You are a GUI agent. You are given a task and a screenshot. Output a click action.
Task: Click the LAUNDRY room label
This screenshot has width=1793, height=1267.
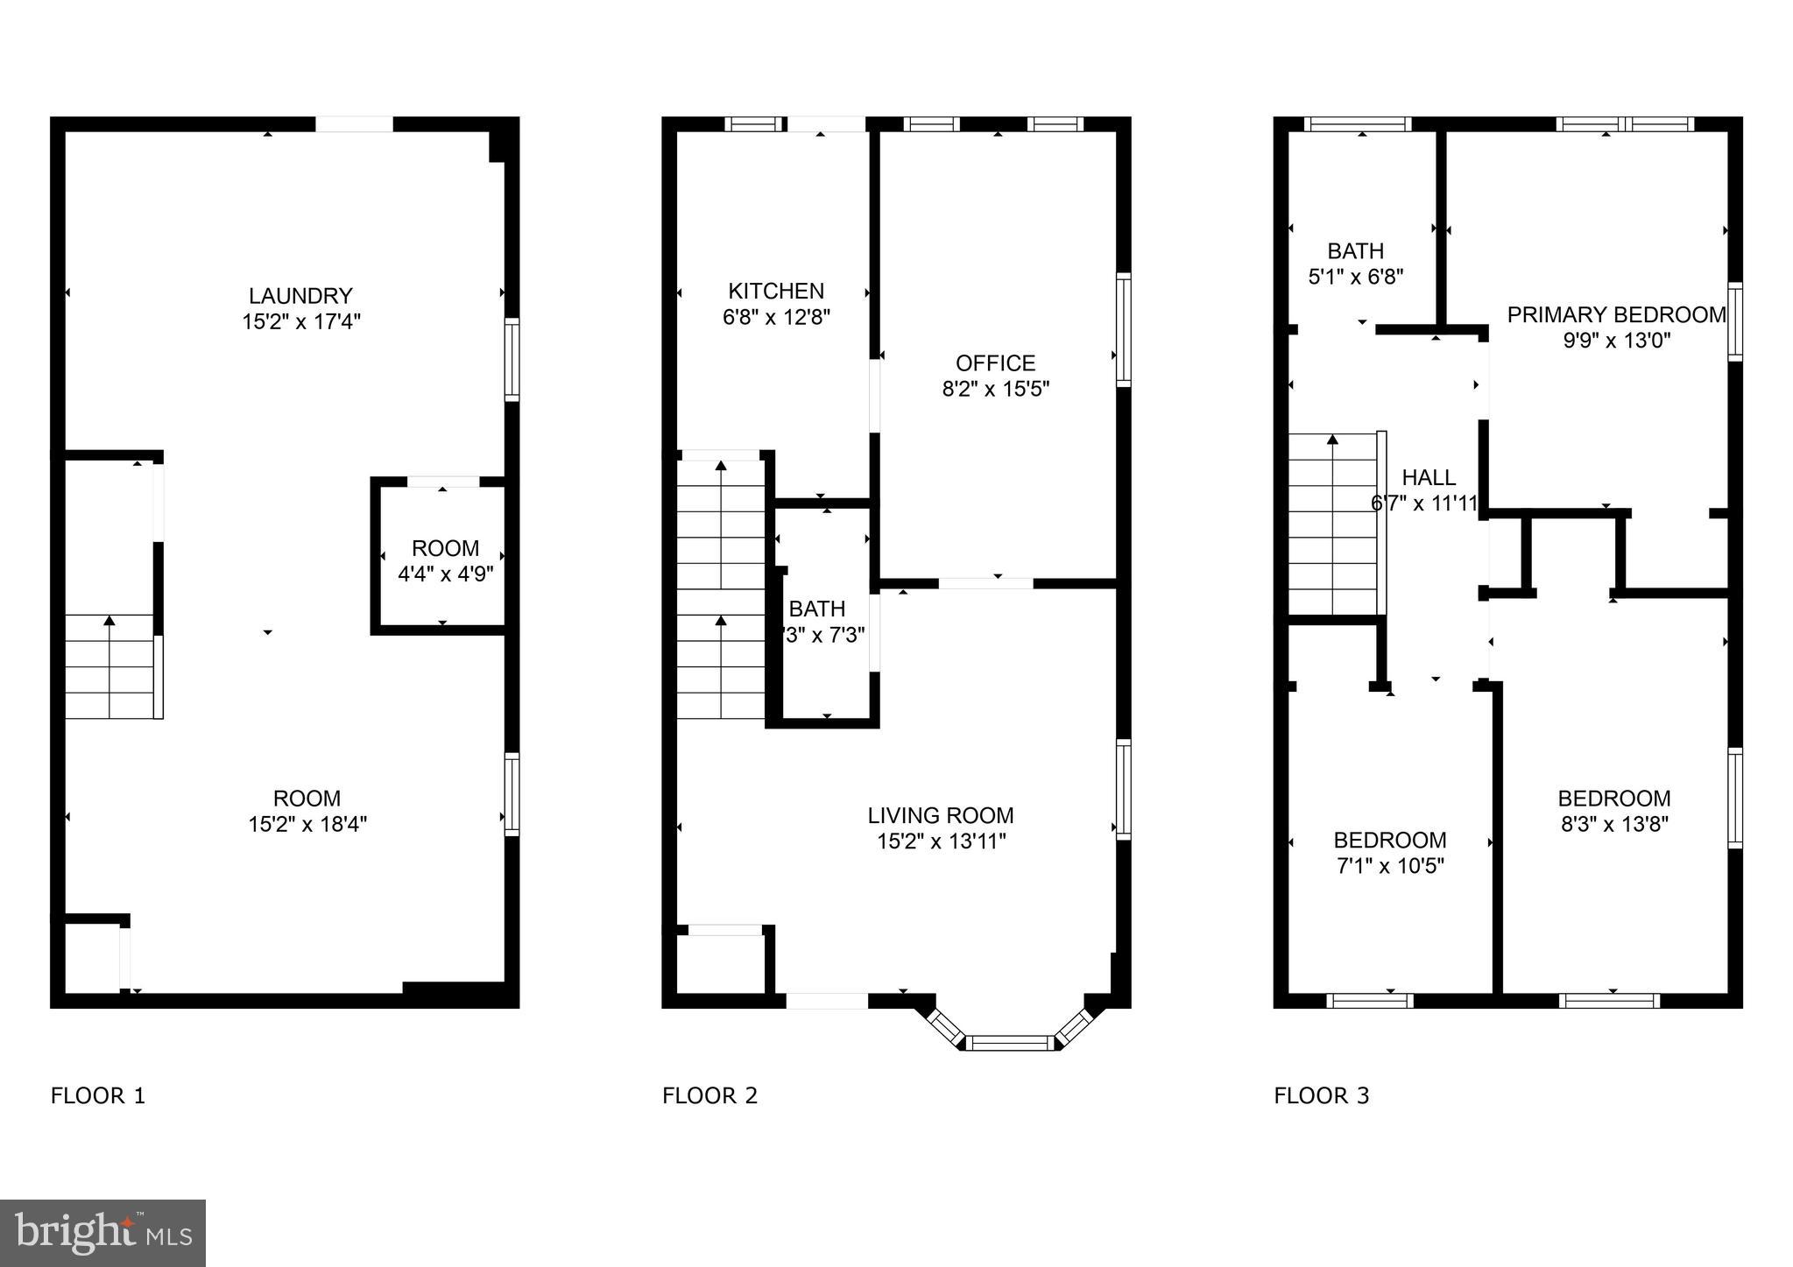click(300, 296)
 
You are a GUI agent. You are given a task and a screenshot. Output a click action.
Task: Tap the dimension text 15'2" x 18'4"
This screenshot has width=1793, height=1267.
click(307, 824)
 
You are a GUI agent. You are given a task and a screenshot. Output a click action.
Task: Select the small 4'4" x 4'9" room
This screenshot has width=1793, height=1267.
click(445, 560)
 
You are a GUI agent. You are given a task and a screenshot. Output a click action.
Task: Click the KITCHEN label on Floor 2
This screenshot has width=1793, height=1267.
click(776, 291)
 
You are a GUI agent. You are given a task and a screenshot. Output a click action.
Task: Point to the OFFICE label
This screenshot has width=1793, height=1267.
click(995, 363)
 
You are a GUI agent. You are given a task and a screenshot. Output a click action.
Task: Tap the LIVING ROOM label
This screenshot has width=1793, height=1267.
click(941, 815)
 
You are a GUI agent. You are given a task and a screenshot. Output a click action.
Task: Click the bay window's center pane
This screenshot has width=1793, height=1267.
click(1012, 1042)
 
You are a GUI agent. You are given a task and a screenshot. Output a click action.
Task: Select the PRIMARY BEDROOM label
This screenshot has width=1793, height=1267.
click(1616, 314)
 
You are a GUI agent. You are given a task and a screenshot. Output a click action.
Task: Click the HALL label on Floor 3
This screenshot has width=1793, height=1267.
click(1429, 477)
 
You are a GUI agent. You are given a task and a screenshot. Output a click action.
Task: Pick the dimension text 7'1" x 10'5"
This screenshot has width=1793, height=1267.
click(1389, 866)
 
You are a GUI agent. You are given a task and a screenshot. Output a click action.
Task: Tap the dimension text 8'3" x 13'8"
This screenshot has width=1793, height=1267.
click(1614, 824)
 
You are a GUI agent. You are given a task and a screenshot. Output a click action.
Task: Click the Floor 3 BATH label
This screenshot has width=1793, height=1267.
click(1355, 251)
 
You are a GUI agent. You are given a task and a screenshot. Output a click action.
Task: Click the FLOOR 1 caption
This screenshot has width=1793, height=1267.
click(98, 1095)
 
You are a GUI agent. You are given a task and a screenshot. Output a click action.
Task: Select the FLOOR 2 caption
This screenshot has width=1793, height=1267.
click(709, 1095)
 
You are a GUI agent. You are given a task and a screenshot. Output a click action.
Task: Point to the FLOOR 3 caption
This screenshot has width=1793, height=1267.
click(1321, 1095)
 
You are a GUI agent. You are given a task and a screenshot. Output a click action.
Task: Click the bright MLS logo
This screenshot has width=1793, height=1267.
click(102, 1233)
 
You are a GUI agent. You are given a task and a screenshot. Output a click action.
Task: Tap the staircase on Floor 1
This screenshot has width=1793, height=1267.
click(109, 665)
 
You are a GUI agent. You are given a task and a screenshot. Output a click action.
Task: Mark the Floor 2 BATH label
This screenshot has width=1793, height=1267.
click(816, 609)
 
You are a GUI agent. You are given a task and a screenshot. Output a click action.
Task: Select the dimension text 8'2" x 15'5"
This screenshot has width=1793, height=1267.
click(995, 389)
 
